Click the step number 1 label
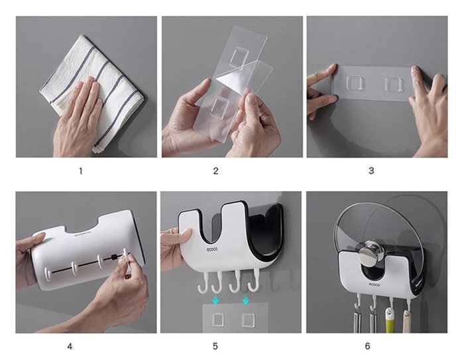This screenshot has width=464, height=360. click(81, 171)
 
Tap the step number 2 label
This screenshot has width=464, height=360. click(215, 171)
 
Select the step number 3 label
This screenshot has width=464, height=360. click(371, 171)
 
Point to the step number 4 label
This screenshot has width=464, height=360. click(70, 346)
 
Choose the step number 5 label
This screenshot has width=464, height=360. click(215, 346)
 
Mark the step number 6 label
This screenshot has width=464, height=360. click(367, 346)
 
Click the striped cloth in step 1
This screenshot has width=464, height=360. click(91, 91)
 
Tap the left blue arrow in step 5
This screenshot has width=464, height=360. click(215, 301)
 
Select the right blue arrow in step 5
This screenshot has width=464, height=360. click(245, 301)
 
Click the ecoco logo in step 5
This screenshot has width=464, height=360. click(212, 249)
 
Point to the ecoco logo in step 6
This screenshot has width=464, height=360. click(374, 285)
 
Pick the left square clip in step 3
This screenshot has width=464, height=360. click(355, 84)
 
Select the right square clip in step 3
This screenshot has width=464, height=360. click(394, 85)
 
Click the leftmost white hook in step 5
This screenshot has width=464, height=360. click(203, 282)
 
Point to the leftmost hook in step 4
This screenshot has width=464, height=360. click(47, 273)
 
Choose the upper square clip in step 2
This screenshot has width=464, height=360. click(239, 58)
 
